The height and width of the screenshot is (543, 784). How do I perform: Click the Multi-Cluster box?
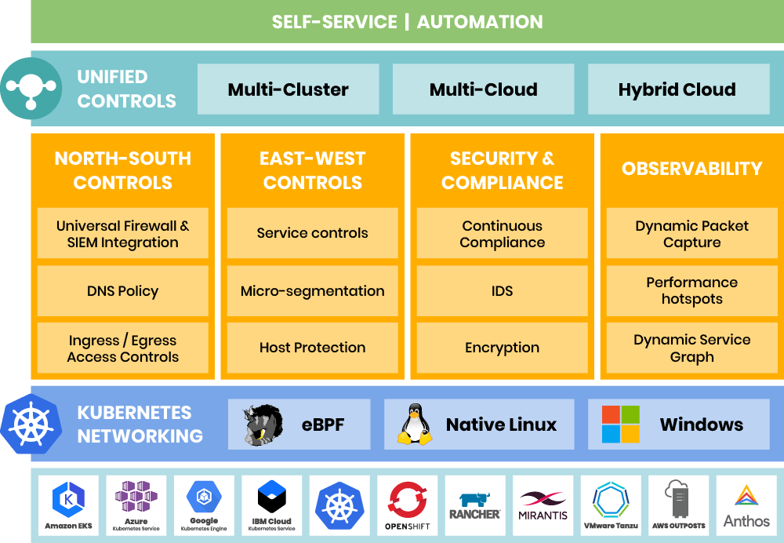pos(288,89)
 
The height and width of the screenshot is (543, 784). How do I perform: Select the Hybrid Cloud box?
pos(677,89)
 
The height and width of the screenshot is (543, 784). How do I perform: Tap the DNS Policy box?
pos(122,291)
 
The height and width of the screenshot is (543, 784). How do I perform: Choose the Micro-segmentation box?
pos(312,291)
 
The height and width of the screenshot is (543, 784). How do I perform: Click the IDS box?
pos(502,291)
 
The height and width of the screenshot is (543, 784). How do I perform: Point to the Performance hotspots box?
pos(691,291)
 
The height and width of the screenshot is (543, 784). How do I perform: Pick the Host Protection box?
pos(312,348)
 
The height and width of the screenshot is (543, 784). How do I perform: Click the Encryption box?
pos(502,348)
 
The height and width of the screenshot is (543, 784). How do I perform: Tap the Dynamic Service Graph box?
pos(691,348)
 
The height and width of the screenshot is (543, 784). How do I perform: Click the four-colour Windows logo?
pos(620,425)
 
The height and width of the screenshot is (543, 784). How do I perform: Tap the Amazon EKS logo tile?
pos(68,505)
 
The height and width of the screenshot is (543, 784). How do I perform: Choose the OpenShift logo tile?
pos(407,505)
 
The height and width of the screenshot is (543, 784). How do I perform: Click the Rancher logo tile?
pos(475,505)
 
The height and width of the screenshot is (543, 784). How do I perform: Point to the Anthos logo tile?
pos(746,505)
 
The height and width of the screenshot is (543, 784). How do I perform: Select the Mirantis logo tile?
pos(543,505)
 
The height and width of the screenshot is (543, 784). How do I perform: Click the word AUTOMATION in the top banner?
pos(480,21)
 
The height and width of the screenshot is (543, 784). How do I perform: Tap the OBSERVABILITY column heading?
pos(691,169)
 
